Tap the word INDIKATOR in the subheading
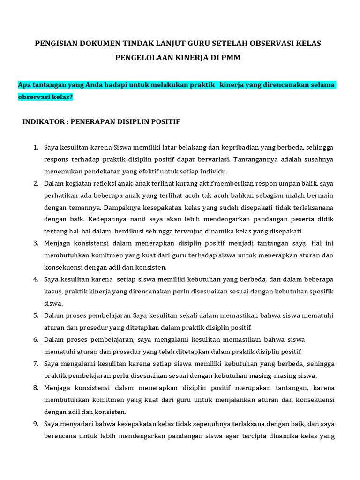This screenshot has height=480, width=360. (42, 121)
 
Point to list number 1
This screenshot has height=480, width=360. (35, 148)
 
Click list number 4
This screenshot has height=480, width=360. (35, 279)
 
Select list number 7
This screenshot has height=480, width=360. (35, 364)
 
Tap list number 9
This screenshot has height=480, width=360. (35, 424)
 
